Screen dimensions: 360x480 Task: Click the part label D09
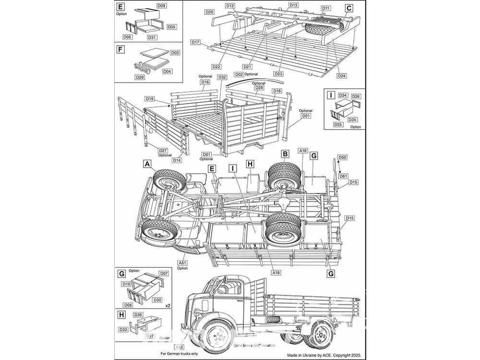pyautogui.click(x=161, y=5)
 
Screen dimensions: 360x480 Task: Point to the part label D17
pyautogui.click(x=195, y=42)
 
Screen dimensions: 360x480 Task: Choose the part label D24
pyautogui.click(x=342, y=75)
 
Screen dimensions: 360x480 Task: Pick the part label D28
pyautogui.click(x=259, y=87)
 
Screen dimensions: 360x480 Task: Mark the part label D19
pyautogui.click(x=149, y=98)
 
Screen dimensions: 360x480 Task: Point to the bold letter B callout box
pyautogui.click(x=286, y=154)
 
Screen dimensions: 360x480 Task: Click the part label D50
pyautogui.click(x=343, y=157)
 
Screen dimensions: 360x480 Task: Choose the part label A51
pyautogui.click(x=182, y=263)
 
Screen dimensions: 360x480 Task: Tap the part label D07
pyautogui.click(x=163, y=273)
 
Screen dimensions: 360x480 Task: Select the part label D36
pyautogui.click(x=138, y=315)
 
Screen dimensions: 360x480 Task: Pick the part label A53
pyautogui.click(x=179, y=347)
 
